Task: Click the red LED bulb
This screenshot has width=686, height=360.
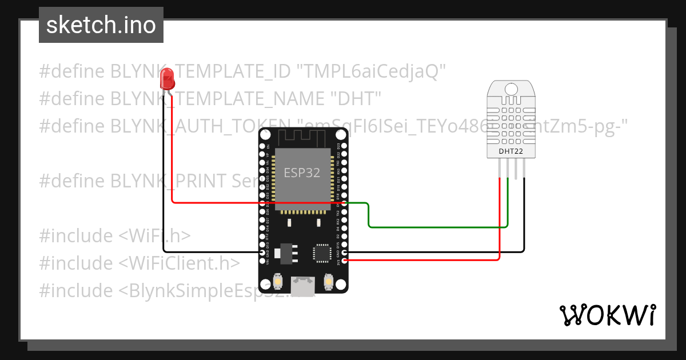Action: pos(167,78)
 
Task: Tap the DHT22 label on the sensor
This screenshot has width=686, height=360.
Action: pos(510,151)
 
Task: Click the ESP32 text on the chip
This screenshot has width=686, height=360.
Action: pos(302,172)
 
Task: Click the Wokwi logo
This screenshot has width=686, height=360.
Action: pos(607,315)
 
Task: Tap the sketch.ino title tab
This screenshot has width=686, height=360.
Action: pos(101,25)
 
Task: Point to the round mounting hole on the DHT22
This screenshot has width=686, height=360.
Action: pos(510,89)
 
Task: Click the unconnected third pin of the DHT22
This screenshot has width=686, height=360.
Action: pos(516,169)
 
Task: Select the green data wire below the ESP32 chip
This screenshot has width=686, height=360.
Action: pos(434,227)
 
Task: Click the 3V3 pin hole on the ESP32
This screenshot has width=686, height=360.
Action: pos(344,261)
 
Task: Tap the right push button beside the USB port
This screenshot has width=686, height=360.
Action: pos(329,281)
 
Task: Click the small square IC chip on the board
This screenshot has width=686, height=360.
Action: pos(321,252)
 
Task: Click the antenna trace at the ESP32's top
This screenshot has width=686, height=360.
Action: pos(303,137)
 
